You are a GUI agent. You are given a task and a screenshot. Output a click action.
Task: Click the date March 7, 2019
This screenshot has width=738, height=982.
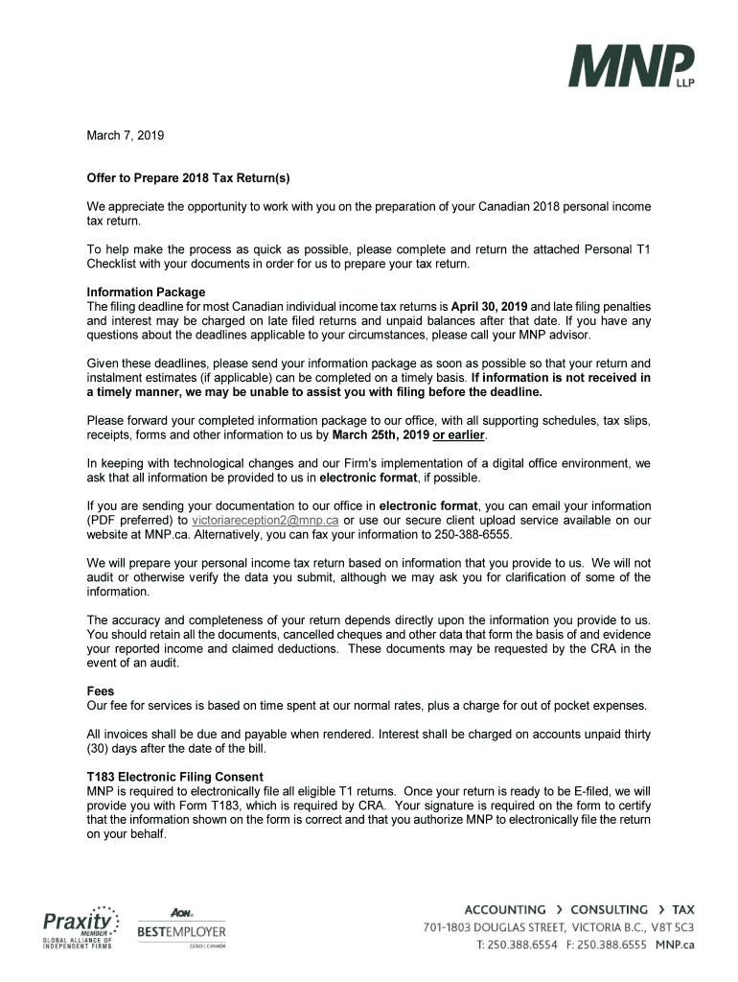126,135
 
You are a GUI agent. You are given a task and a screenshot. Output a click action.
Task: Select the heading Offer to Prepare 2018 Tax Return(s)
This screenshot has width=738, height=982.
188,178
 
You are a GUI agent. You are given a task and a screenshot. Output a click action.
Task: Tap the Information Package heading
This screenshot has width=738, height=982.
146,292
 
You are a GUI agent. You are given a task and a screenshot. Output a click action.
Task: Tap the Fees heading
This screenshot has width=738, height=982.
101,690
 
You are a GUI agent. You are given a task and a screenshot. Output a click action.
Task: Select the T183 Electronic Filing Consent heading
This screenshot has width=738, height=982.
175,776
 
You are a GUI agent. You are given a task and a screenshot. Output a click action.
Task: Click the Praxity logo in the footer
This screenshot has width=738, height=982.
80,927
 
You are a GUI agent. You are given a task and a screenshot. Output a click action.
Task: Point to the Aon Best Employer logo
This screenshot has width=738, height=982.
182,927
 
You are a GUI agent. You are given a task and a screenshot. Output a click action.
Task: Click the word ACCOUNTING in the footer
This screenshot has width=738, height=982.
505,909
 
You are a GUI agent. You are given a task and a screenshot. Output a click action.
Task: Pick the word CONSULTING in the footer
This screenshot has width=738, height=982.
609,909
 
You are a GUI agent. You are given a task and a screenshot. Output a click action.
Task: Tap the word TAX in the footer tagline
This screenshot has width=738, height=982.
683,909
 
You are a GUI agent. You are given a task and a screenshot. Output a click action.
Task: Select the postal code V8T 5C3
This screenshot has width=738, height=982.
667,927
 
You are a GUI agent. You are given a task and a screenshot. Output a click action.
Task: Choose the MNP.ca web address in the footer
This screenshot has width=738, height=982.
675,945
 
